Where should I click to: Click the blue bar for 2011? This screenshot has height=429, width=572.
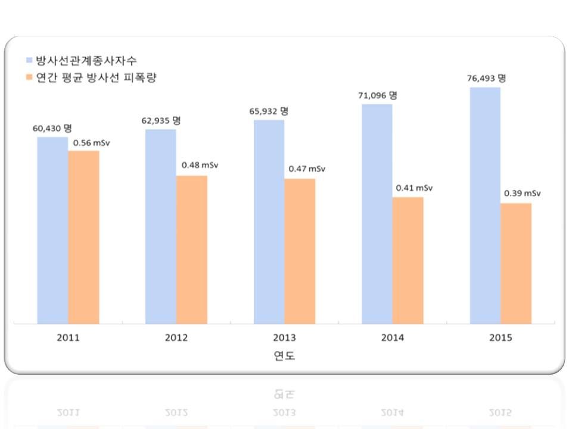52,230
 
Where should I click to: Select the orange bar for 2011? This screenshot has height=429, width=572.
83,237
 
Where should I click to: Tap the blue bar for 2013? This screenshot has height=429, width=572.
269,222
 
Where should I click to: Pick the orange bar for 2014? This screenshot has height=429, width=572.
408,260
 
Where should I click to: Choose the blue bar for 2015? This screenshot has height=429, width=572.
484,206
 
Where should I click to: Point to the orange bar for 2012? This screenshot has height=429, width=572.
192,250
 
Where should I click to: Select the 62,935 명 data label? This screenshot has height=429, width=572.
161,120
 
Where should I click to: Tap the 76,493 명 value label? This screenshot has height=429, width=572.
486,78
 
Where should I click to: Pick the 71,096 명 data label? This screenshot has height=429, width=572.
378,95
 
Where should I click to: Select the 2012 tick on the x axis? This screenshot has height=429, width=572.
176,338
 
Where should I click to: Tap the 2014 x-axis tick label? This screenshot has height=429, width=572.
393,338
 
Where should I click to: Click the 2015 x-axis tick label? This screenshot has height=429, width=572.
500,338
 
